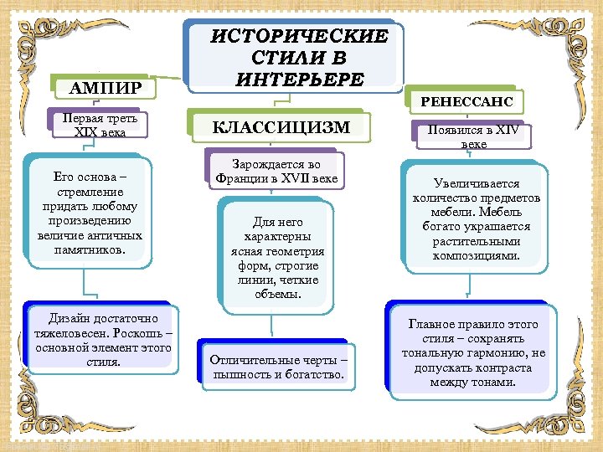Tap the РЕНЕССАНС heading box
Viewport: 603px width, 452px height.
tap(466, 103)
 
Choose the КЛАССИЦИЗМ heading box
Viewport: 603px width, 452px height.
tap(281, 127)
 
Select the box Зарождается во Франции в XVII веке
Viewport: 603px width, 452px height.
tap(276, 172)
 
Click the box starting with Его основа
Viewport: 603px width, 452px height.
tap(89, 213)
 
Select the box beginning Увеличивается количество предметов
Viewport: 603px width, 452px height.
tap(477, 219)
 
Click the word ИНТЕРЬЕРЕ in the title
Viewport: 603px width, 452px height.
tap(300, 80)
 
